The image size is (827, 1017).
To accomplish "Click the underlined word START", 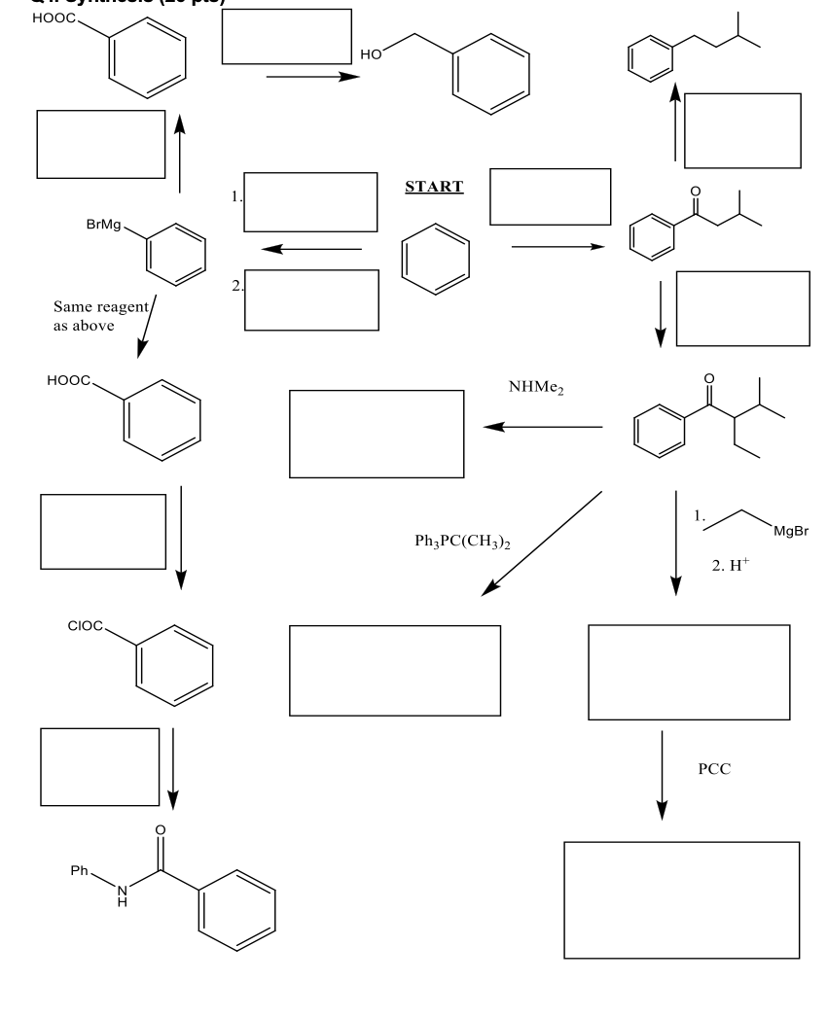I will (x=434, y=187).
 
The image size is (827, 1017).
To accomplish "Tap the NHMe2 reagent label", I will (x=536, y=387).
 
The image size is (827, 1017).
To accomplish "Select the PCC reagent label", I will (x=714, y=769).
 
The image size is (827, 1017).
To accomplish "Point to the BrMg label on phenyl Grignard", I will (x=104, y=224).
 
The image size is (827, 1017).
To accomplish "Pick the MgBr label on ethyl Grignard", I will (x=789, y=531).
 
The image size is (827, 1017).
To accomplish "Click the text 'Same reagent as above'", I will (x=100, y=316).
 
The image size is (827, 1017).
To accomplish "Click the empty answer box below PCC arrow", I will (x=682, y=899).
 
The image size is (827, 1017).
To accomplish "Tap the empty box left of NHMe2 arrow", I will (x=377, y=434).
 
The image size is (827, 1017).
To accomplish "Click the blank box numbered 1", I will (x=310, y=201).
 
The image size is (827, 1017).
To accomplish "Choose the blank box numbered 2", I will (x=311, y=299).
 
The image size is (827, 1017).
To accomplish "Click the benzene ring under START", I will (x=436, y=260).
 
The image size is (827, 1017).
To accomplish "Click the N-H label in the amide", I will (x=122, y=895).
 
